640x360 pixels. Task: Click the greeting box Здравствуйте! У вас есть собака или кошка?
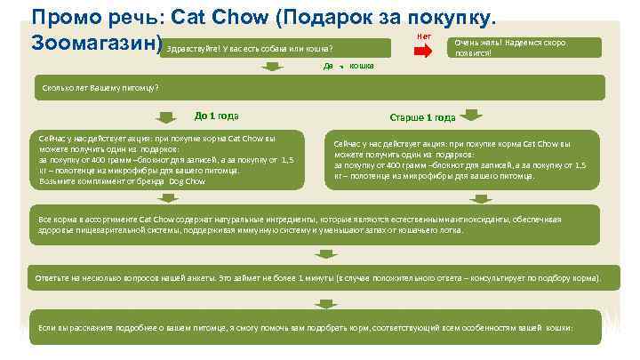(276, 47)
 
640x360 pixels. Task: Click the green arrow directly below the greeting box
(340, 66)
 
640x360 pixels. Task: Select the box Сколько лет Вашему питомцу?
(320, 87)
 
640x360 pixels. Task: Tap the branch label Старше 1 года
(422, 116)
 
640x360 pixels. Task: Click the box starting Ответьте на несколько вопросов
(320, 278)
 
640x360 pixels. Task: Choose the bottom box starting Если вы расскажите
(320, 329)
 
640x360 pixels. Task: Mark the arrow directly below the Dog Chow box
(166, 201)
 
